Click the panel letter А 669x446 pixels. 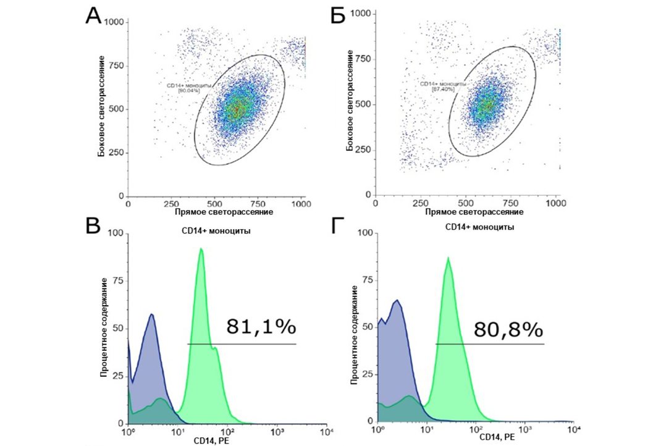click(x=93, y=16)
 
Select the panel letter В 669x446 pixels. click(x=93, y=226)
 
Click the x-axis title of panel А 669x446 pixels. click(x=216, y=212)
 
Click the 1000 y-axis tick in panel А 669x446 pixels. click(x=116, y=22)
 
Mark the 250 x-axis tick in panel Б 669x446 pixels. click(x=420, y=204)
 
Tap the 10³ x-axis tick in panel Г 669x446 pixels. click(x=524, y=429)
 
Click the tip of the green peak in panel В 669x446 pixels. click(x=201, y=249)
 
